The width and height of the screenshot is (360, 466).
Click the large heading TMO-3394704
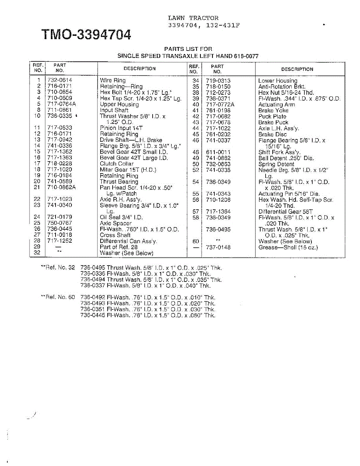pyautogui.click(x=86, y=35)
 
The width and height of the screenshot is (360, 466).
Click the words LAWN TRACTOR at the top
pyautogui.click(x=193, y=18)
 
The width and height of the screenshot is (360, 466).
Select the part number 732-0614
pyautogui.click(x=59, y=80)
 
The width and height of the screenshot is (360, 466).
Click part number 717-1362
pyautogui.click(x=59, y=152)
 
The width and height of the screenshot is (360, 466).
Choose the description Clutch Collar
pyautogui.click(x=117, y=163)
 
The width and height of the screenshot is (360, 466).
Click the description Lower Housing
pyautogui.click(x=277, y=81)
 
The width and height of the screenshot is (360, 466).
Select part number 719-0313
pyautogui.click(x=218, y=81)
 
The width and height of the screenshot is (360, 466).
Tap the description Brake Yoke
pyautogui.click(x=273, y=110)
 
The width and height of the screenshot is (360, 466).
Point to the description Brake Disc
pyautogui.click(x=272, y=134)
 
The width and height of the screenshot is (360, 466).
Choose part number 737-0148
pyautogui.click(x=218, y=247)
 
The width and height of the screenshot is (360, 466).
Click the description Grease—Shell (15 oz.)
pyautogui.click(x=288, y=247)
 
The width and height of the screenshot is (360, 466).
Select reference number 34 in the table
pyautogui.click(x=196, y=81)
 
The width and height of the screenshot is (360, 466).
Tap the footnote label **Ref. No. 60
pyautogui.click(x=58, y=297)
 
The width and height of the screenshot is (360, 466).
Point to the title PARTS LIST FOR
pyautogui.click(x=188, y=49)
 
